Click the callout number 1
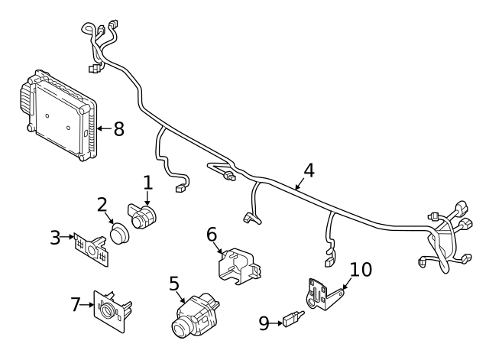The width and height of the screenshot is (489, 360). pyautogui.click(x=147, y=183)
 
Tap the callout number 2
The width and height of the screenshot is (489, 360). pyautogui.click(x=102, y=204)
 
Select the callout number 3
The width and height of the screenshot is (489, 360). pyautogui.click(x=55, y=238)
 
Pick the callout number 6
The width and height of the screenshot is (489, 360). pyautogui.click(x=212, y=233)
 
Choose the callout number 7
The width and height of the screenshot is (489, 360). pyautogui.click(x=75, y=305)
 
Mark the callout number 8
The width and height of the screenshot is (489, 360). pyautogui.click(x=118, y=128)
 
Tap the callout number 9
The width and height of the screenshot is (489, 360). pyautogui.click(x=264, y=323)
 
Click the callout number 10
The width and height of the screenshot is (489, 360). pyautogui.click(x=361, y=270)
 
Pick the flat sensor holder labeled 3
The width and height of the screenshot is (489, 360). pyautogui.click(x=91, y=248)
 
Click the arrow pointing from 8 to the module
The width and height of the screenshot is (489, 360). pyautogui.click(x=103, y=128)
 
